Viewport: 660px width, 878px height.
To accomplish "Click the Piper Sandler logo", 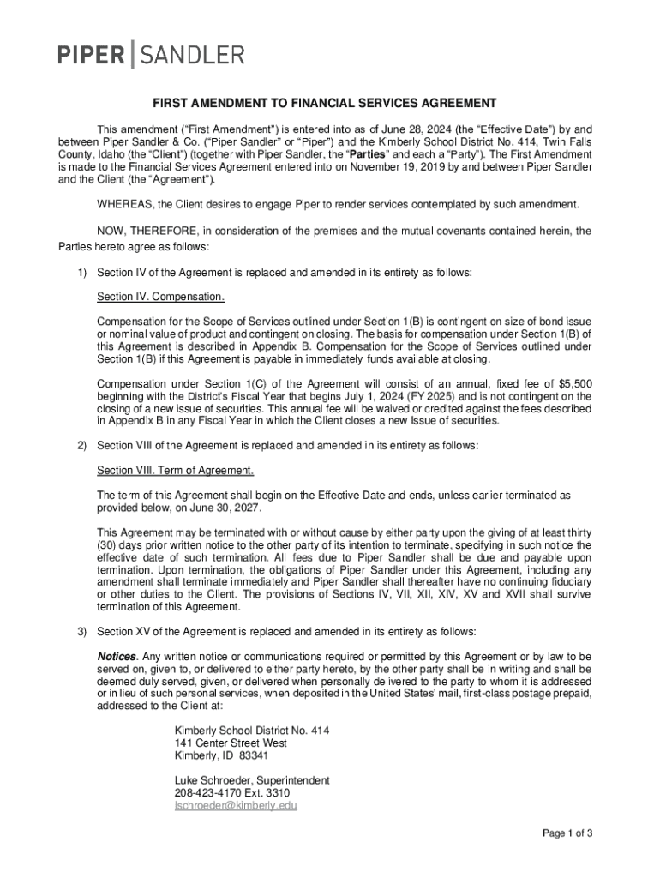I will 151,55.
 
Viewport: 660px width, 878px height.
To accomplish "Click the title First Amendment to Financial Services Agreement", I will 324,104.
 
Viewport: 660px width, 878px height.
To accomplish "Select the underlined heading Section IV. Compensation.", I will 161,297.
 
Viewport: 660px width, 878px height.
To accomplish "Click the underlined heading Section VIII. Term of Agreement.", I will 175,471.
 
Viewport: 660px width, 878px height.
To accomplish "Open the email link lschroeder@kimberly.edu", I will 236,807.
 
